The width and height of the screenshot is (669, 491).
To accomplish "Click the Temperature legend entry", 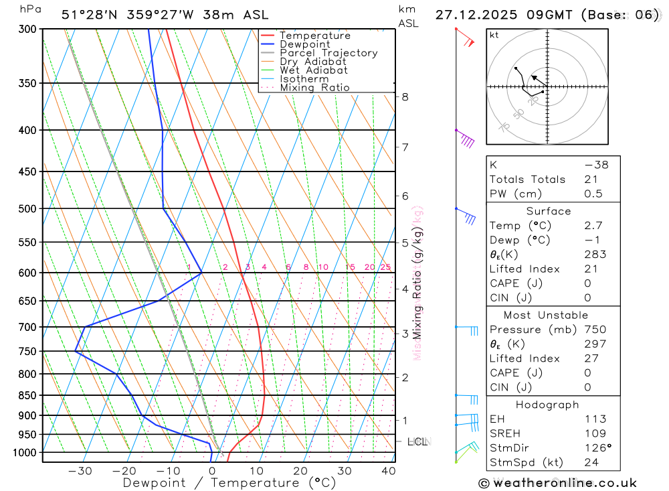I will point(314,36).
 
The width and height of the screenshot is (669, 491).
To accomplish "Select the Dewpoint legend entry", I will point(304,44).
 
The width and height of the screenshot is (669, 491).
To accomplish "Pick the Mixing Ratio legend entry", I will point(314,88).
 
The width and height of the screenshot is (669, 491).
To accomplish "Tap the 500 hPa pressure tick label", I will point(27,208).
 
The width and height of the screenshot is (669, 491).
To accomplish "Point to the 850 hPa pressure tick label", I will point(27,395).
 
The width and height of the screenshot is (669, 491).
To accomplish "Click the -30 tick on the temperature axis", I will point(80,471).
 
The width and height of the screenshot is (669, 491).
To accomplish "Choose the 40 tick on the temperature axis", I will point(389,471).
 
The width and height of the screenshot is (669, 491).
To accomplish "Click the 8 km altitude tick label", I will point(405,96).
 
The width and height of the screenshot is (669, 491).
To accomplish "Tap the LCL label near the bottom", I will point(418,441).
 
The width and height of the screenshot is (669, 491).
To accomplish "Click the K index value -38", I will point(596,165).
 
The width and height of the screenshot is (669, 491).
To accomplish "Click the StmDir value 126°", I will point(597,447).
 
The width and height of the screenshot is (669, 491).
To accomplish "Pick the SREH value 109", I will point(594,433).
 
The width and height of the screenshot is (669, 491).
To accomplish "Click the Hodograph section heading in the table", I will point(547,405).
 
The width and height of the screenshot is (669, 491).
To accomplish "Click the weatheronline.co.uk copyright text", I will point(557,483).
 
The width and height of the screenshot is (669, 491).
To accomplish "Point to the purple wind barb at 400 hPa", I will point(466,139).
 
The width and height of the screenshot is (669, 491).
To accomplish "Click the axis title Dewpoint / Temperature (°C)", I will point(229,483).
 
